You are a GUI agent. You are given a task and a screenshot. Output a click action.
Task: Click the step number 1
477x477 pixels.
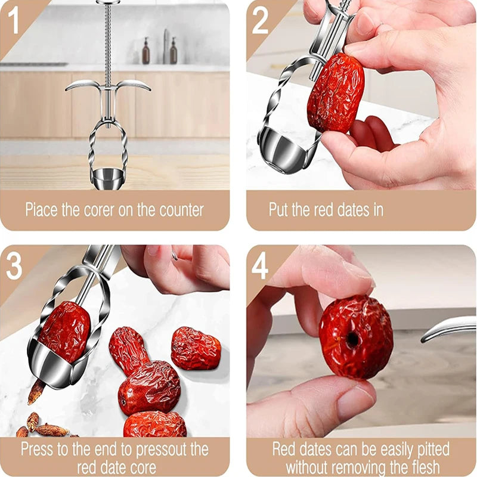click(x=13, y=20)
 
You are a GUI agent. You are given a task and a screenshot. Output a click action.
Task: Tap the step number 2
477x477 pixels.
click(x=260, y=20)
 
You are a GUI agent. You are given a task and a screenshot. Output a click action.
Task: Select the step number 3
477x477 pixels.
click(x=14, y=267)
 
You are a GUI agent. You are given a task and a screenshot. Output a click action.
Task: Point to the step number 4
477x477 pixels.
click(x=260, y=267)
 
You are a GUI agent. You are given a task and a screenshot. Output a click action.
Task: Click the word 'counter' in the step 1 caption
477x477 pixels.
click(x=181, y=210)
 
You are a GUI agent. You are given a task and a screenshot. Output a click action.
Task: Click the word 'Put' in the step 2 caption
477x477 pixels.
click(x=278, y=210)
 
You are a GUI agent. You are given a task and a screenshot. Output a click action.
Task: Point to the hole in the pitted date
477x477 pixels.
click(x=352, y=339)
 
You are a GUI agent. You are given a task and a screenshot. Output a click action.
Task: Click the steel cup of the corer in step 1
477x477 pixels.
click(x=108, y=178)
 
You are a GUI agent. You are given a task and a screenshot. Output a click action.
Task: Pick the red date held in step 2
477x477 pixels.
click(x=335, y=93)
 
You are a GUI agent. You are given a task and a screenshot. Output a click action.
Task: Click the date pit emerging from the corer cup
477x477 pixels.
click(x=36, y=392)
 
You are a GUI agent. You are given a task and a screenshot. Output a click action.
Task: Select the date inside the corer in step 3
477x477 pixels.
click(x=64, y=332)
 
